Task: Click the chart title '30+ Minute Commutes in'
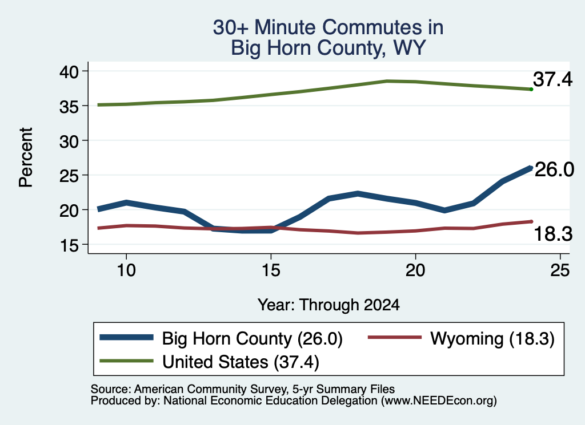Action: (x=328, y=27)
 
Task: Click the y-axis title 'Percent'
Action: (x=26, y=157)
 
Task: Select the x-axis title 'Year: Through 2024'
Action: (x=328, y=305)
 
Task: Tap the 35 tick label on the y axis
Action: (x=69, y=106)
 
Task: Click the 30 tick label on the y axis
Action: (x=69, y=141)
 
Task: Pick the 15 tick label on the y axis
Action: (x=69, y=245)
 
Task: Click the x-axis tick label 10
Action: (x=126, y=270)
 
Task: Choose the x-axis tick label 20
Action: (x=415, y=270)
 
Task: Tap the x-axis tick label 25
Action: (x=560, y=270)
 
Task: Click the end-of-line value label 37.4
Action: (x=552, y=79)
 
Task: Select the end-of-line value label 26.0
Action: (x=554, y=170)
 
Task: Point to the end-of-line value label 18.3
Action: (x=553, y=234)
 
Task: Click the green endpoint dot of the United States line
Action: (x=531, y=90)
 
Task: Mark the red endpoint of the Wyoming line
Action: (x=531, y=221)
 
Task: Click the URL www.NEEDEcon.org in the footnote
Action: (x=439, y=401)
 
